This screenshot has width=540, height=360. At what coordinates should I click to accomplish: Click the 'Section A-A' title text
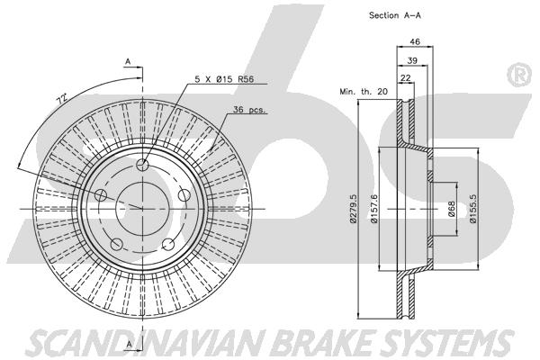(x=395, y=15)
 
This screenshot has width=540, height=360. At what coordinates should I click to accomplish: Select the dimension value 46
(x=415, y=41)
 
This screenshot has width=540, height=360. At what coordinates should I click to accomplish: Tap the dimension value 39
(x=412, y=60)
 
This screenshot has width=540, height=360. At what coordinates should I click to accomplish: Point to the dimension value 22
(x=406, y=78)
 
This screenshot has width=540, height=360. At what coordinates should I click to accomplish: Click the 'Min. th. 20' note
(x=364, y=92)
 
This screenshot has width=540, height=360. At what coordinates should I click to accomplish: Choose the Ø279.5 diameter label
(x=353, y=209)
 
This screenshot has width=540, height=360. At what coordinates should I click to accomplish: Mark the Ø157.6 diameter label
(x=374, y=209)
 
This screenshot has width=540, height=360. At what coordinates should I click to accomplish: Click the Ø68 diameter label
(x=452, y=209)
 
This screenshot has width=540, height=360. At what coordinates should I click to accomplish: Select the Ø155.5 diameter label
(x=473, y=209)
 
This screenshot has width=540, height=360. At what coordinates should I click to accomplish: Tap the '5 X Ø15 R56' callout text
(x=224, y=79)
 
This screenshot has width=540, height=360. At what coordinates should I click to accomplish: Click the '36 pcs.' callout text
(x=249, y=110)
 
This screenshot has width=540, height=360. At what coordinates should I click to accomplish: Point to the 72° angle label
(x=62, y=99)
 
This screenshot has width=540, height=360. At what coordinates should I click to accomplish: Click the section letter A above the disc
(x=128, y=62)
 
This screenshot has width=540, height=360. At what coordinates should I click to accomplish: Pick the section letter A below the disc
(x=129, y=344)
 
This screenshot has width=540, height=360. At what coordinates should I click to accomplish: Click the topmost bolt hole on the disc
(x=142, y=165)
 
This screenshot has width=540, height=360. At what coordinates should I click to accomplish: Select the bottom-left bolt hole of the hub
(x=116, y=244)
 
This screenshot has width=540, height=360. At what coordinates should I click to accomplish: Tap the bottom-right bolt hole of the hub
(x=168, y=244)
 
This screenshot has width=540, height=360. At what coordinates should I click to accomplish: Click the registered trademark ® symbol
(x=520, y=75)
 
